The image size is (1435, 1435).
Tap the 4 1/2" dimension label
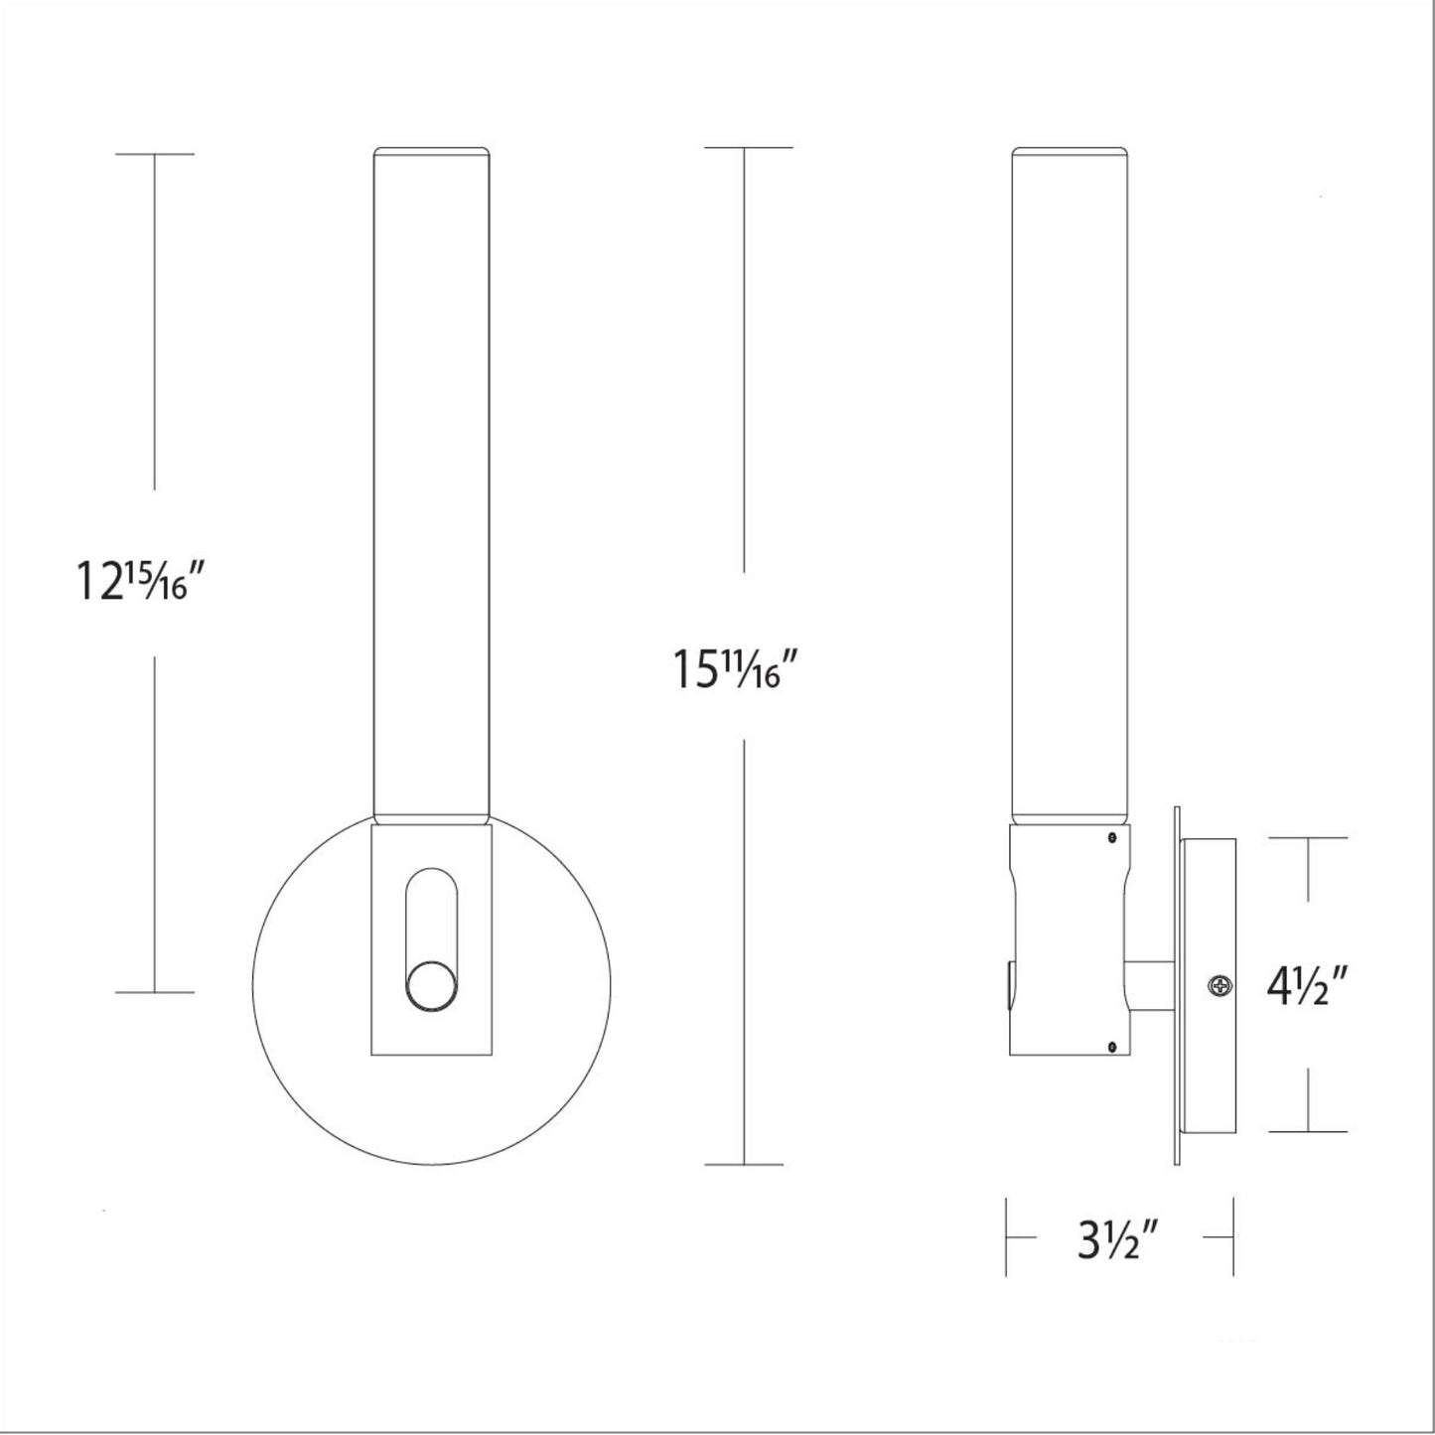[x=1306, y=987]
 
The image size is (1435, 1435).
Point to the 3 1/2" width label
[x=1118, y=1241]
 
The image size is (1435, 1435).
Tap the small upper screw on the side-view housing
[x=1111, y=840]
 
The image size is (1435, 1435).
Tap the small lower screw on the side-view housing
[x=1111, y=1044]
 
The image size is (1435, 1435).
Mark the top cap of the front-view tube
[x=431, y=152]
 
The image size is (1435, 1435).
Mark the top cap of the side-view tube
[x=1071, y=152]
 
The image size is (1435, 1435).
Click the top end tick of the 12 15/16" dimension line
[x=154, y=154]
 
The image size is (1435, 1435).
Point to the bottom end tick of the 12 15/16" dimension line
[x=154, y=991]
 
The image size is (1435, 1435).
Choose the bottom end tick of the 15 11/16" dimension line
[x=745, y=1164]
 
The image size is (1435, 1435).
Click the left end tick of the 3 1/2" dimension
[x=1007, y=1237]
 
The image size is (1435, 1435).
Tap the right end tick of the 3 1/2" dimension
[x=1232, y=1237]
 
